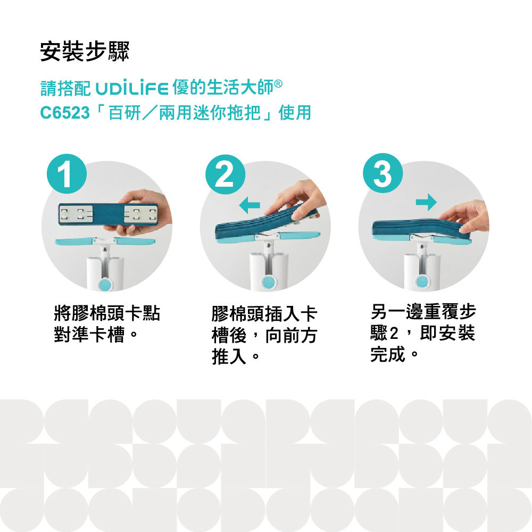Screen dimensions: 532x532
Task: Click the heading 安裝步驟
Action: click(85, 52)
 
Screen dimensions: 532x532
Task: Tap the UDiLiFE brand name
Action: click(132, 88)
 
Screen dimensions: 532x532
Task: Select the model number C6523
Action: click(65, 113)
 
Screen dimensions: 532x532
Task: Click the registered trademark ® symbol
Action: click(278, 84)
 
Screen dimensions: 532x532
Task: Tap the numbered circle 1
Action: click(67, 174)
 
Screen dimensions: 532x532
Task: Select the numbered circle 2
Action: click(225, 174)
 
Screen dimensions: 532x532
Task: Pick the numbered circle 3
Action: click(383, 173)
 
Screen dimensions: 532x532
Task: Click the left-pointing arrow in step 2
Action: click(250, 205)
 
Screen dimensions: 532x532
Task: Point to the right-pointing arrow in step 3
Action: click(427, 202)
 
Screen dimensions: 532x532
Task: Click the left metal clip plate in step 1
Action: click(76, 214)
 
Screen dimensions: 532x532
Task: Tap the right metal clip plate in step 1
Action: click(141, 214)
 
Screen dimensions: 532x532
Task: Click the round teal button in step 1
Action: click(105, 284)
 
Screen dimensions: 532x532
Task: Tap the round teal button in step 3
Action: click(422, 281)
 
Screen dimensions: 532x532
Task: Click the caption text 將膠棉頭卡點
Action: click(107, 313)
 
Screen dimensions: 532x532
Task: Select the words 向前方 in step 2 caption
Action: click(291, 335)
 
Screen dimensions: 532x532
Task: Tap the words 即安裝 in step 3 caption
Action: click(447, 333)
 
